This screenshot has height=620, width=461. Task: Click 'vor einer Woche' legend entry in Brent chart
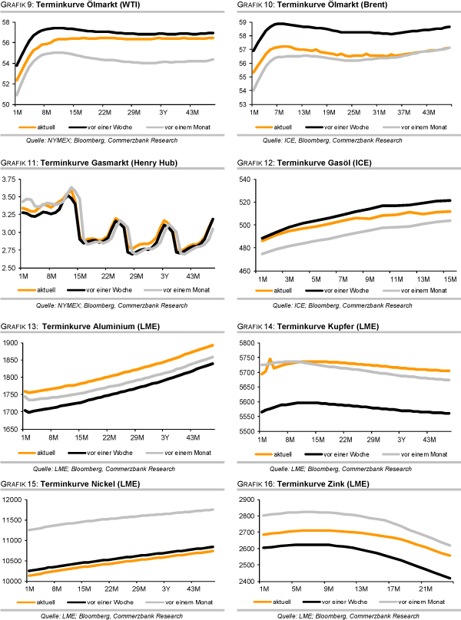click(345, 124)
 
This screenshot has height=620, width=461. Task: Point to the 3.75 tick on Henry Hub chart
click(9, 180)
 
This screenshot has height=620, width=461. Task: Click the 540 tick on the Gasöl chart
click(247, 180)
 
